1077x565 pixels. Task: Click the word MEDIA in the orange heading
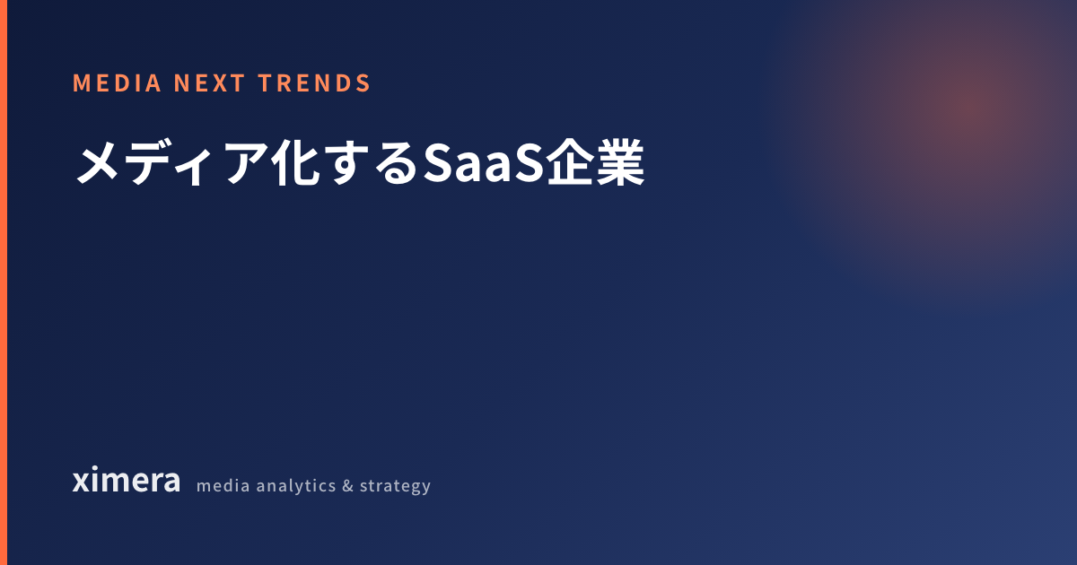tap(117, 83)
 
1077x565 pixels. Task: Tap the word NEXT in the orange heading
tap(210, 83)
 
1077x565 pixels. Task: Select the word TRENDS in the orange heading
tap(314, 83)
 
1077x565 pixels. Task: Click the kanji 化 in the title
tap(295, 162)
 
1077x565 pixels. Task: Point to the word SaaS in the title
tap(484, 162)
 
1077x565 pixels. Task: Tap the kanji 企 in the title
tap(570, 162)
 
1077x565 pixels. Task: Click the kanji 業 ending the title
tap(620, 162)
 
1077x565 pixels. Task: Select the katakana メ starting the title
tap(98, 163)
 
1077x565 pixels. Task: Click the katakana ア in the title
tap(246, 163)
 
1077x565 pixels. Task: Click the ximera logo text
tap(127, 480)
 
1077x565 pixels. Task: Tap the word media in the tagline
tap(223, 485)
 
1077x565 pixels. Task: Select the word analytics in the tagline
tap(295, 486)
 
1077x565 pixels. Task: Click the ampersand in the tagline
tap(347, 486)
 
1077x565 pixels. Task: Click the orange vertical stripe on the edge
tap(4, 282)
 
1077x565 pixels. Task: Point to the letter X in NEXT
tap(222, 83)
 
